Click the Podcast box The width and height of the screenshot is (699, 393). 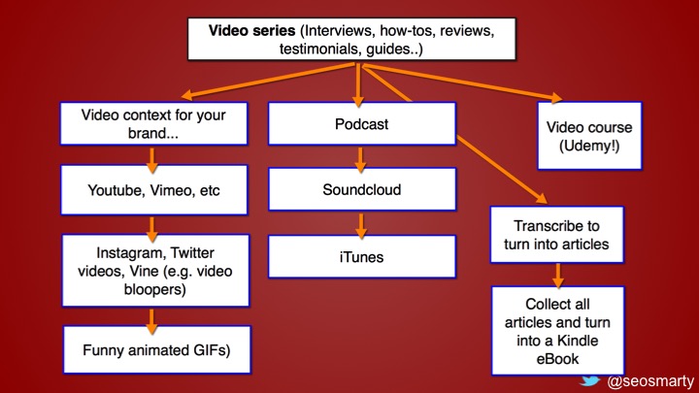[361, 124]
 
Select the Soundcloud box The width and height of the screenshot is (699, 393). [361, 189]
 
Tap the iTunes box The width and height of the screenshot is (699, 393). [361, 257]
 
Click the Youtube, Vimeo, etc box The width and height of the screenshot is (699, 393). [154, 189]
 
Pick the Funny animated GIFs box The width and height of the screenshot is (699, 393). [155, 349]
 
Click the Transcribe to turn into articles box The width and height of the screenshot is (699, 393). [556, 234]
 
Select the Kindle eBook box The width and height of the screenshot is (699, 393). [556, 330]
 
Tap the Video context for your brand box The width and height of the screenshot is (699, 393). [154, 124]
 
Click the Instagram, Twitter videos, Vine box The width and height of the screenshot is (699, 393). [154, 262]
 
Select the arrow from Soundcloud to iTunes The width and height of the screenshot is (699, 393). [361, 224]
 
